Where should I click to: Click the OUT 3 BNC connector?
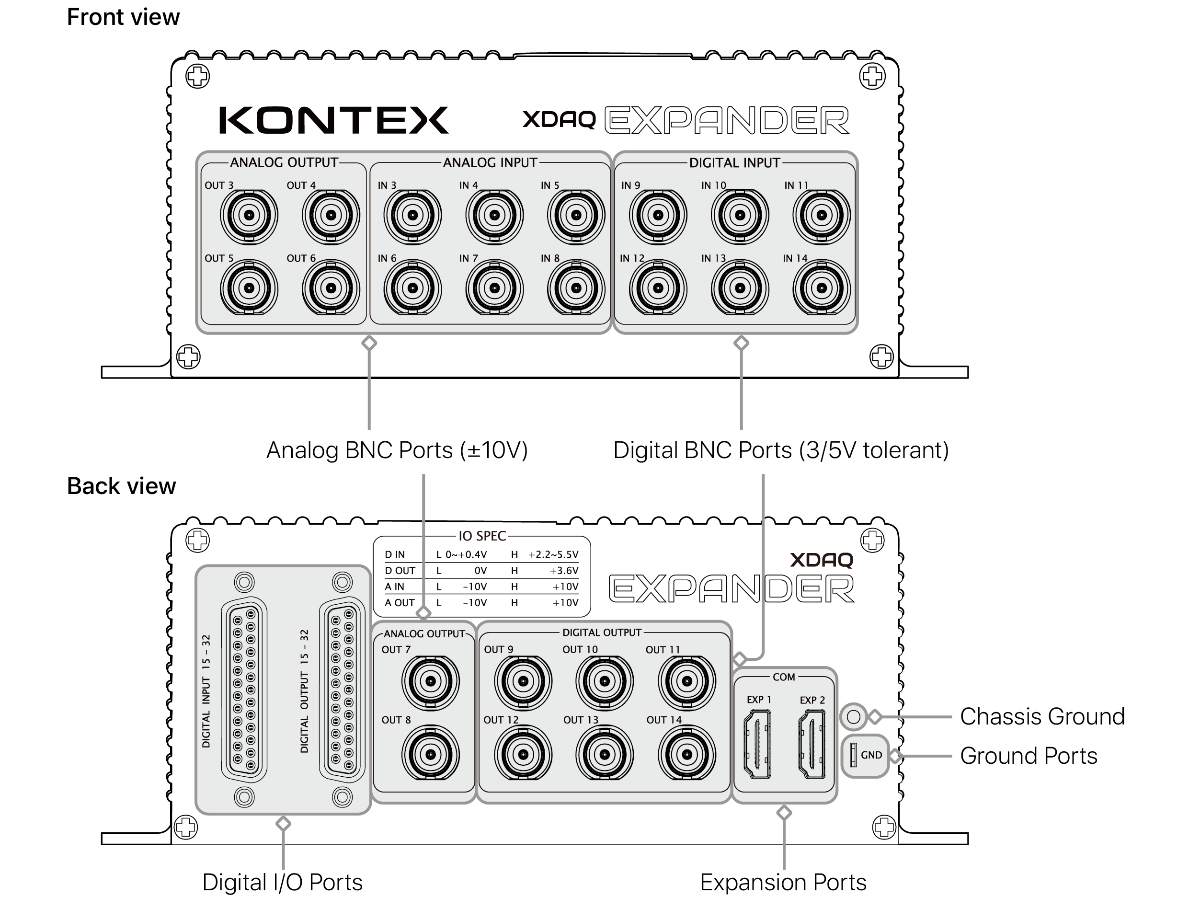(249, 215)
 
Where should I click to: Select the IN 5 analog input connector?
(576, 215)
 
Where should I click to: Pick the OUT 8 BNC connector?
(431, 755)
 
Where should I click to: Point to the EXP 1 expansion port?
(758, 744)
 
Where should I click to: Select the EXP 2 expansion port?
(812, 744)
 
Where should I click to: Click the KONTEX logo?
(333, 120)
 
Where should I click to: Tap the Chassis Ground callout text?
(1042, 717)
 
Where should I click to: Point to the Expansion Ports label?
(783, 883)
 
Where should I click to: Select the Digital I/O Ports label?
(283, 883)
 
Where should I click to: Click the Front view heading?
(123, 17)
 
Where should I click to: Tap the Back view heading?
(122, 486)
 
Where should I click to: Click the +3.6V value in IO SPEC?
(564, 571)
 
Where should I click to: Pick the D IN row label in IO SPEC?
(395, 554)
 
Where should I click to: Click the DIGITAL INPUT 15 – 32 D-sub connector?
(244, 690)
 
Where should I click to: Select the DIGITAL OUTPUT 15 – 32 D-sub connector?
(343, 690)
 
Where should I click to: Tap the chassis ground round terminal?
(853, 716)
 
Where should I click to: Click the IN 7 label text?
(468, 258)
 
